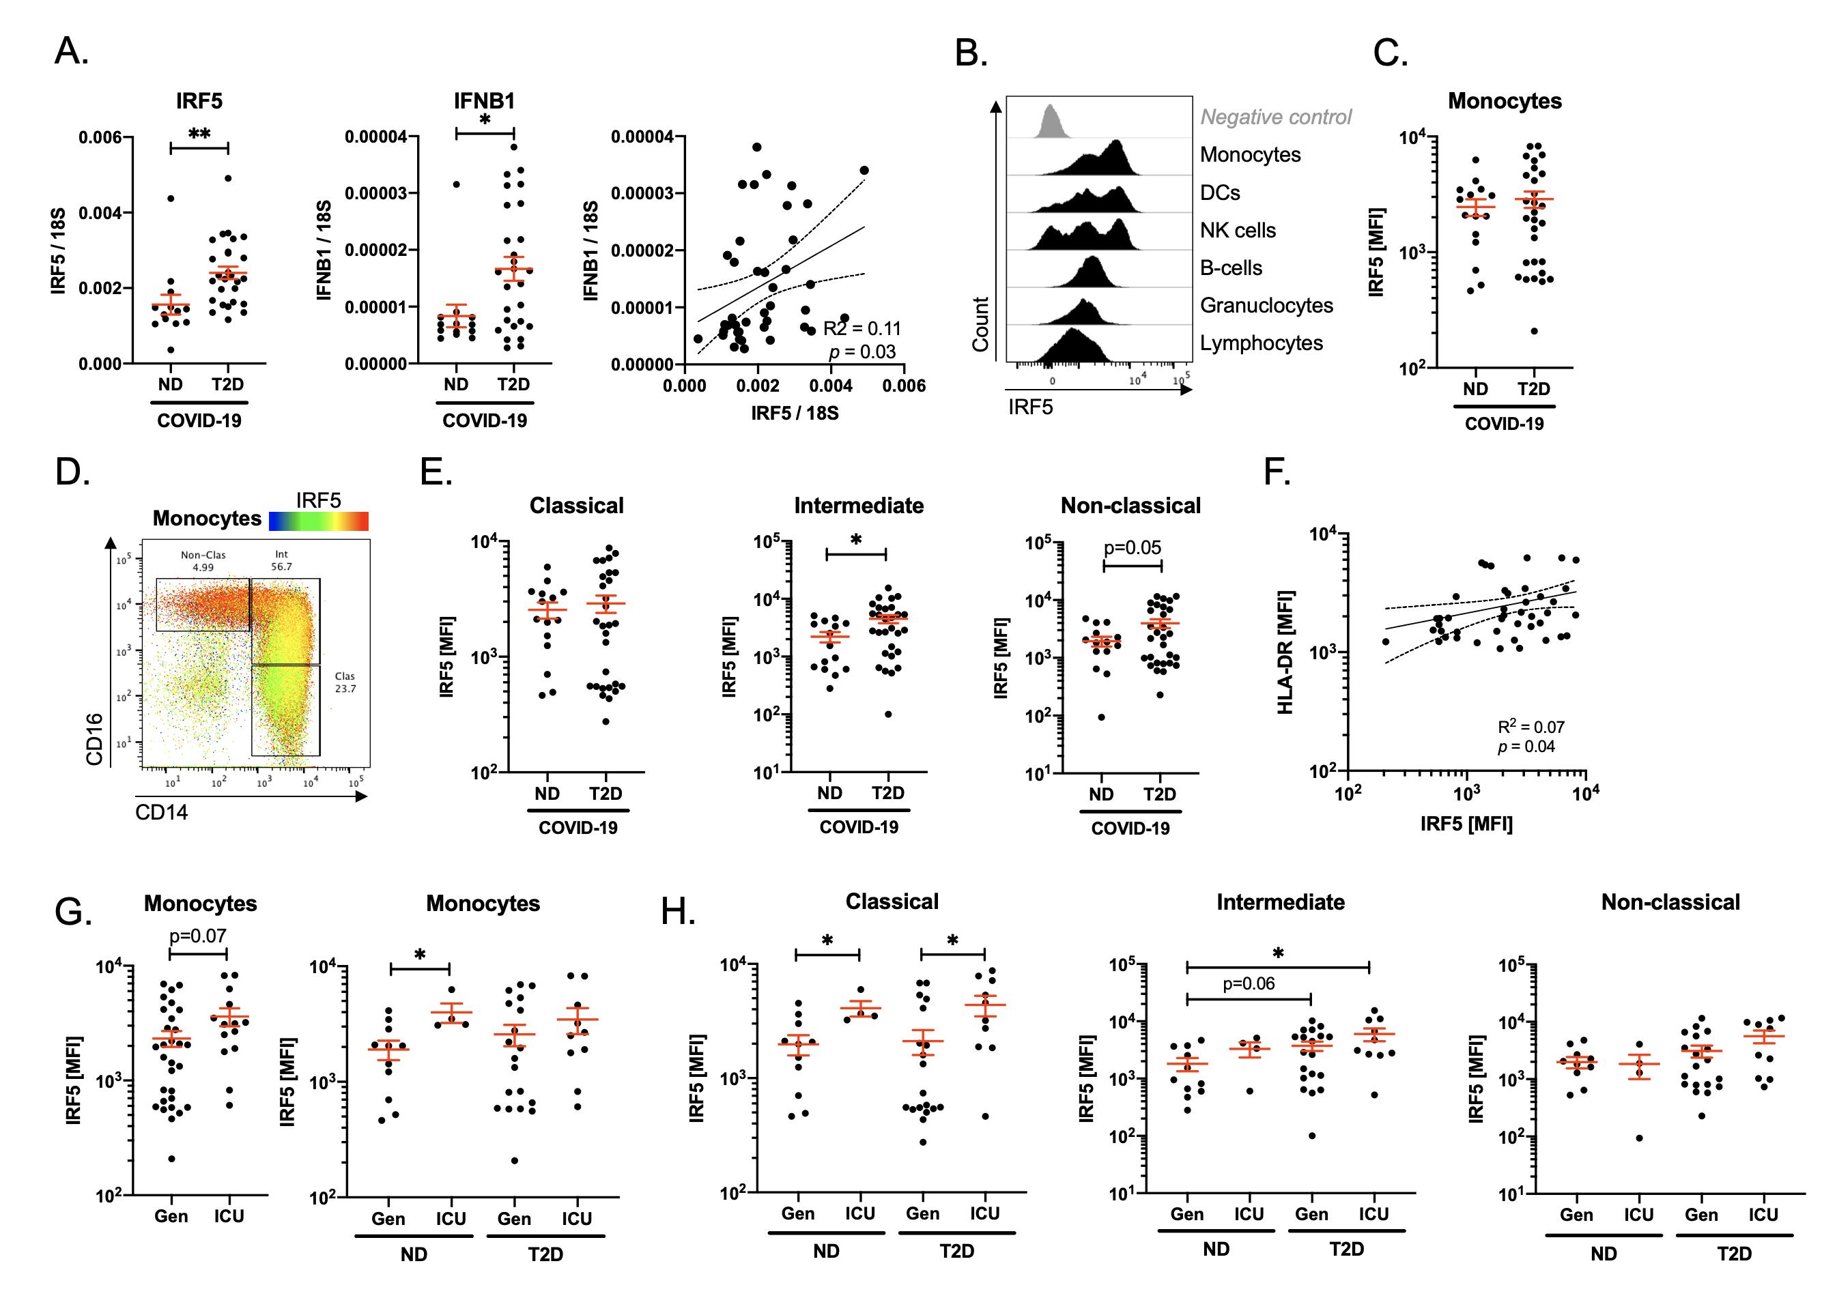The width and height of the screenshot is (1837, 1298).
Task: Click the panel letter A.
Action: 70,53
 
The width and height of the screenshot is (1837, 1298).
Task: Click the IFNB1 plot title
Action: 484,101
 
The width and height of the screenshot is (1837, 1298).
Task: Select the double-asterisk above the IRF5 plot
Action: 199,134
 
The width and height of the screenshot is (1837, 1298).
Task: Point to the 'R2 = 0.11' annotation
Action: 861,329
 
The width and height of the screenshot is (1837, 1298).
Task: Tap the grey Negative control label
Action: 1275,117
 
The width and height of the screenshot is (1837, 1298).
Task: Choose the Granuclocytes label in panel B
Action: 1266,306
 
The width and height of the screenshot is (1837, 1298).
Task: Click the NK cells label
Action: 1238,231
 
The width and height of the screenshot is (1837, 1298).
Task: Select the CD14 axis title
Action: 162,813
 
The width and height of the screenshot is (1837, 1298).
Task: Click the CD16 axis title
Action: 94,739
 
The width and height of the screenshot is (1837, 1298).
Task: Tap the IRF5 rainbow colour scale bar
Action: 318,521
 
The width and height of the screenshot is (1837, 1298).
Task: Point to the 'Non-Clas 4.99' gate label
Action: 203,561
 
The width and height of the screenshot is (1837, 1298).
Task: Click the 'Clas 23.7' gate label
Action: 345,682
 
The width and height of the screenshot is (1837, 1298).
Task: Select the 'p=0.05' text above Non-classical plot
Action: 1132,548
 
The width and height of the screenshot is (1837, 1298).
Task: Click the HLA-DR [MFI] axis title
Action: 1285,652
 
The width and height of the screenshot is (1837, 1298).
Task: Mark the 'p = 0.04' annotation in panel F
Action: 1526,747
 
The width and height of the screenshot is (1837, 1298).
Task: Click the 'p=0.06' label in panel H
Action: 1248,983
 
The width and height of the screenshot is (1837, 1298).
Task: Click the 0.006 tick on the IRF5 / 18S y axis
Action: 100,138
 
